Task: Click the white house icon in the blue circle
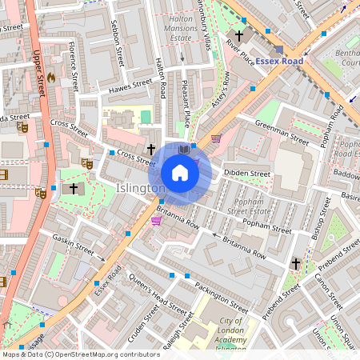pos(180,173)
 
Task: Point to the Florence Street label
pos(74,65)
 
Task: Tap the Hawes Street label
pos(129,84)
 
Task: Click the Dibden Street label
pos(247,173)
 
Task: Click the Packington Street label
pos(222,298)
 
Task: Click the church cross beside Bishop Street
pos(294,262)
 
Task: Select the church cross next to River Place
pos(238,36)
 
